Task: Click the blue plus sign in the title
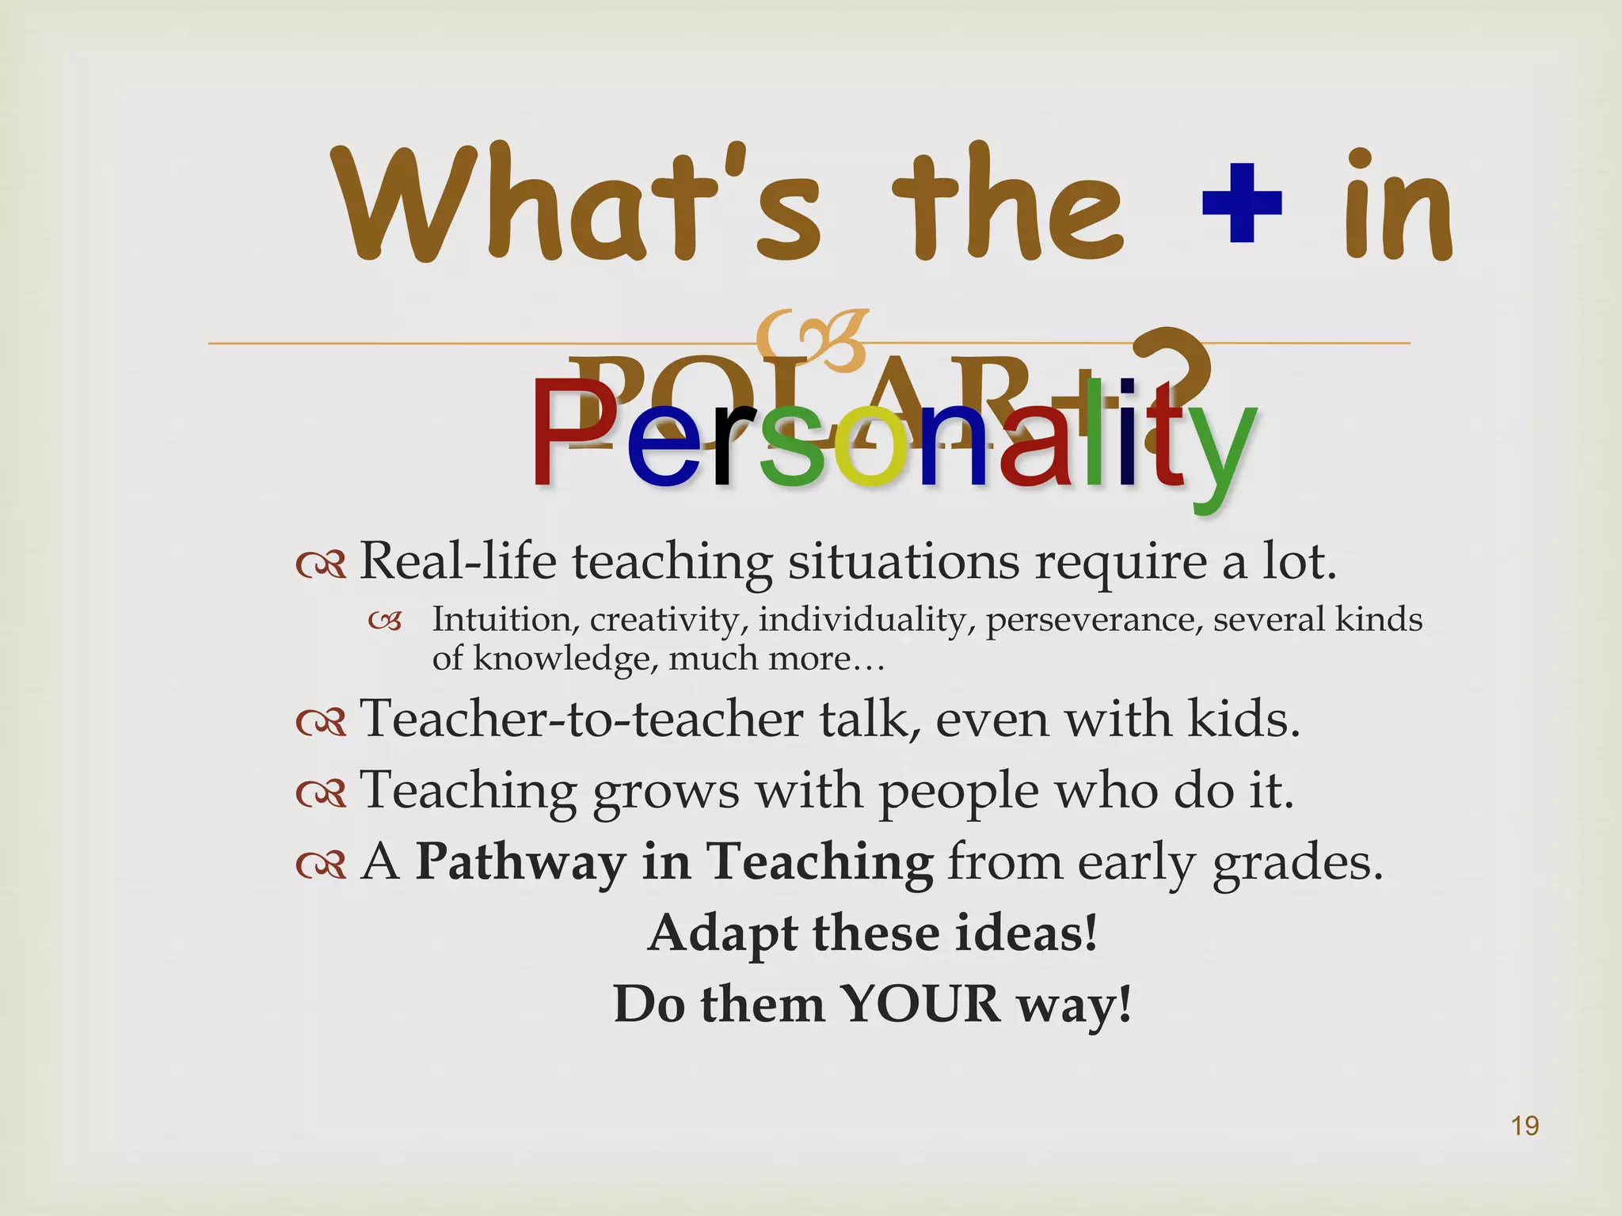click(x=1242, y=203)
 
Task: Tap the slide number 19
click(x=1525, y=1126)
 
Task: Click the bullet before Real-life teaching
click(x=321, y=564)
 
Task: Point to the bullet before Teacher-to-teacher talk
click(x=321, y=722)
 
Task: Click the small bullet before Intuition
click(x=385, y=622)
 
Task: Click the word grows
click(x=665, y=792)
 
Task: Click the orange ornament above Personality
click(x=812, y=340)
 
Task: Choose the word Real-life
click(x=459, y=561)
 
